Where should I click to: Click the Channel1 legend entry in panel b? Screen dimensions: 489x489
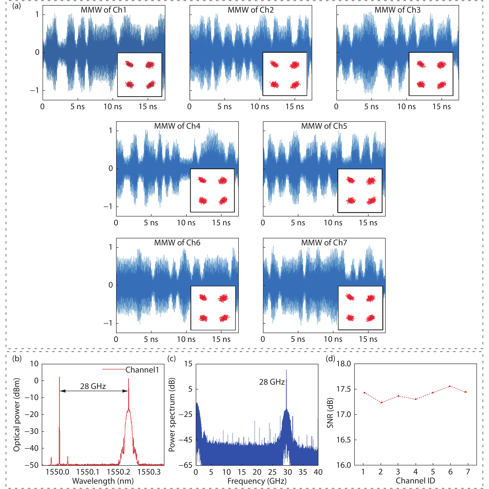coord(142,370)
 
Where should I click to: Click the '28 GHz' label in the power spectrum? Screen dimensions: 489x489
coord(272,382)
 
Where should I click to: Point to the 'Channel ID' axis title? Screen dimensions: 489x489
coord(415,481)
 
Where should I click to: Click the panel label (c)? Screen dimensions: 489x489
coord(171,359)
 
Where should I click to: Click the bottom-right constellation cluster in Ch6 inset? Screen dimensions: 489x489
coord(223,318)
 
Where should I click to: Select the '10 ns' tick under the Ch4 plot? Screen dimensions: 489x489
coord(186,223)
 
